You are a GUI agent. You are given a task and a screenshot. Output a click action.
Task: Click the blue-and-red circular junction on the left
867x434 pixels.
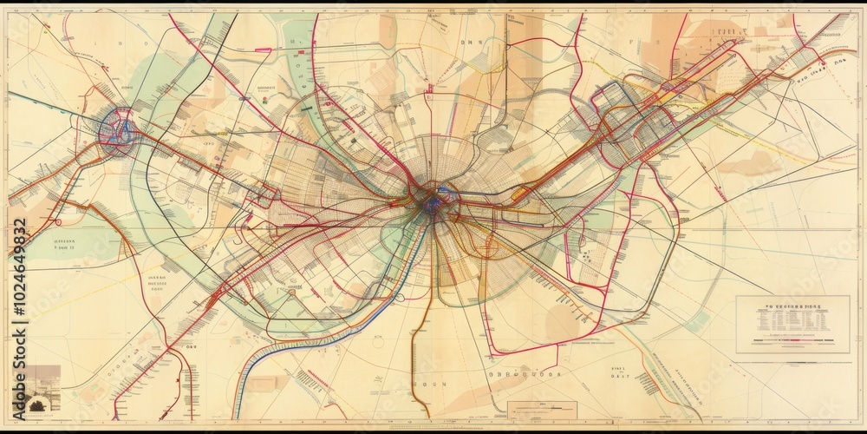[118, 133]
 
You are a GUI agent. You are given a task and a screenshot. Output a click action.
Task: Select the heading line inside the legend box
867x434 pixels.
[792, 306]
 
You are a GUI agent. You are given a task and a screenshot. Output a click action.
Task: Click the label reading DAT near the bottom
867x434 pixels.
[618, 375]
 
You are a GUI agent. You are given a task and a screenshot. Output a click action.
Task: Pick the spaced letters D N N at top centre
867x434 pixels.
[473, 41]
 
